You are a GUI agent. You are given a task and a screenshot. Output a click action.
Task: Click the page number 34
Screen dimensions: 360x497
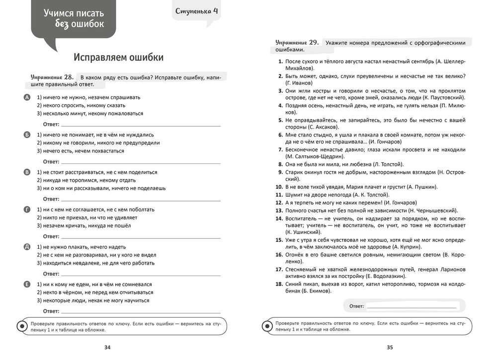[107, 347]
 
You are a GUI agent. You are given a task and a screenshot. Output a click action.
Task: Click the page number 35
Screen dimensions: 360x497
[390, 347]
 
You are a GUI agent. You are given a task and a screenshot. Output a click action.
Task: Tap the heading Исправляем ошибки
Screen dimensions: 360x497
[119, 57]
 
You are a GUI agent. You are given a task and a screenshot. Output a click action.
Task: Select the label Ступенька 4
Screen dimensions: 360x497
[197, 10]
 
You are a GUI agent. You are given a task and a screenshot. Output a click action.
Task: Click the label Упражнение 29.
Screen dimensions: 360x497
[297, 43]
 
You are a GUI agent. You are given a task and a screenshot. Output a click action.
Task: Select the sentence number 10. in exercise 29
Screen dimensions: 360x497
[279, 187]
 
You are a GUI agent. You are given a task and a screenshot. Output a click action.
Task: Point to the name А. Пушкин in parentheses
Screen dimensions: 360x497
[421, 187]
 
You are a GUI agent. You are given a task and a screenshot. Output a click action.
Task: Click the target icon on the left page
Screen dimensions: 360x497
[22, 326]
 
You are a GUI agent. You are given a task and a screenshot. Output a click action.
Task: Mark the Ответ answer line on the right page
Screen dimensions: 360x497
[411, 307]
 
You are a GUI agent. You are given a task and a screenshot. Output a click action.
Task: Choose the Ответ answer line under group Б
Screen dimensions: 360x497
[140, 162]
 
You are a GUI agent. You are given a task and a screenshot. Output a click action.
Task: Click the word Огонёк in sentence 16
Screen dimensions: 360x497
[295, 254]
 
